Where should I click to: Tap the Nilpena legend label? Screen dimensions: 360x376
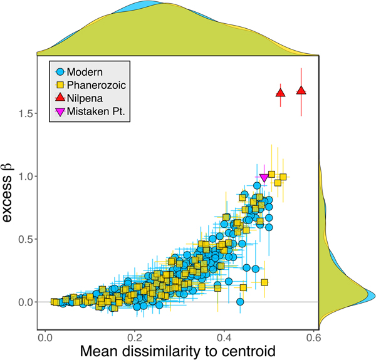pos(87,98)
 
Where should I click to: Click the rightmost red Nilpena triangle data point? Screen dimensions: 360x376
pos(301,91)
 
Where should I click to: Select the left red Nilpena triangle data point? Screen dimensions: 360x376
pos(281,93)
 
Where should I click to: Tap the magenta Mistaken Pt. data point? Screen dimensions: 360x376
pos(264,178)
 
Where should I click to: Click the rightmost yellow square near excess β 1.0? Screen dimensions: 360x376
pos(283,177)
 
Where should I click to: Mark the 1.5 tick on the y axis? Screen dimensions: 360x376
pos(26,113)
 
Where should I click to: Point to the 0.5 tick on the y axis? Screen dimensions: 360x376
pos(26,239)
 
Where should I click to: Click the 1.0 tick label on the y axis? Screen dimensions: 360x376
pos(26,177)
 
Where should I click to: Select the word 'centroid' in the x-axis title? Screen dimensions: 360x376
pos(250,351)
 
